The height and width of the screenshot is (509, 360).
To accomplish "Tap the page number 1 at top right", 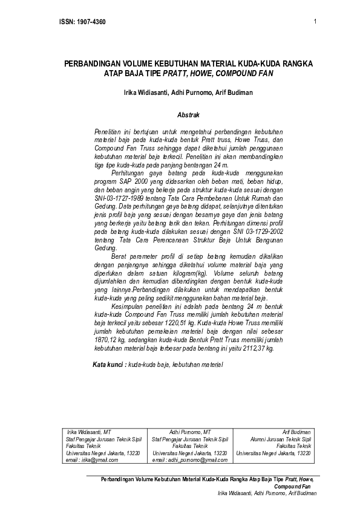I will pyautogui.click(x=316, y=22).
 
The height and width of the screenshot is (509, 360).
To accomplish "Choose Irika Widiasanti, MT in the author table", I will pyautogui.click(x=89, y=432).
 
